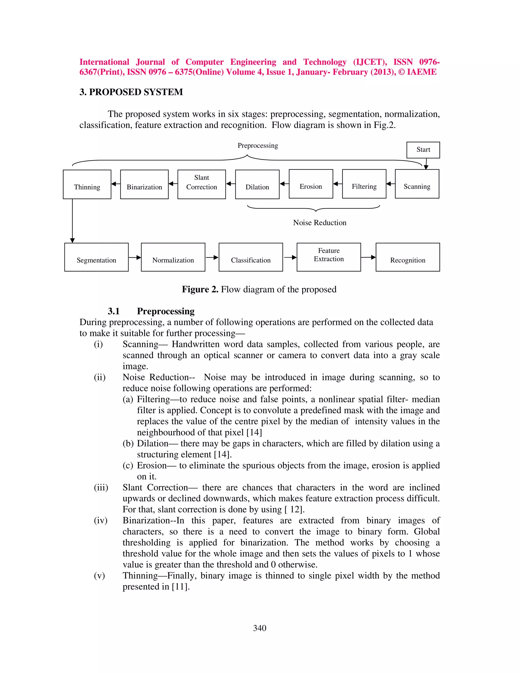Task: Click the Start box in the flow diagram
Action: pyautogui.click(x=423, y=150)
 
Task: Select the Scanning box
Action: pyautogui.click(x=417, y=184)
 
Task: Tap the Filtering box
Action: pyautogui.click(x=364, y=184)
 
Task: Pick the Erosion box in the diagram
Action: pyautogui.click(x=311, y=184)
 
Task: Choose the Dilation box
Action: pyautogui.click(x=257, y=184)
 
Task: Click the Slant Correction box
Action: pyautogui.click(x=201, y=184)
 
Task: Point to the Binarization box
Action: pyautogui.click(x=144, y=184)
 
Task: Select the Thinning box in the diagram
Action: pyautogui.click(x=87, y=184)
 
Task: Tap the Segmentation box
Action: pyautogui.click(x=96, y=257)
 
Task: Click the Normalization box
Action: pyautogui.click(x=173, y=257)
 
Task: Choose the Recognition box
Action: pyautogui.click(x=408, y=257)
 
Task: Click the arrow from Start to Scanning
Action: pyautogui.click(x=426, y=164)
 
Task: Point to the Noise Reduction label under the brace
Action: pyautogui.click(x=319, y=222)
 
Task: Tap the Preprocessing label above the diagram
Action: pyautogui.click(x=257, y=146)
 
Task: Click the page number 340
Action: pyautogui.click(x=259, y=628)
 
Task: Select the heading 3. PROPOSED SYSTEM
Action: pyautogui.click(x=131, y=92)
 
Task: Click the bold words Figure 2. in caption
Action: pyautogui.click(x=200, y=289)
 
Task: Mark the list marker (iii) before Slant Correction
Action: pyautogui.click(x=101, y=488)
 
